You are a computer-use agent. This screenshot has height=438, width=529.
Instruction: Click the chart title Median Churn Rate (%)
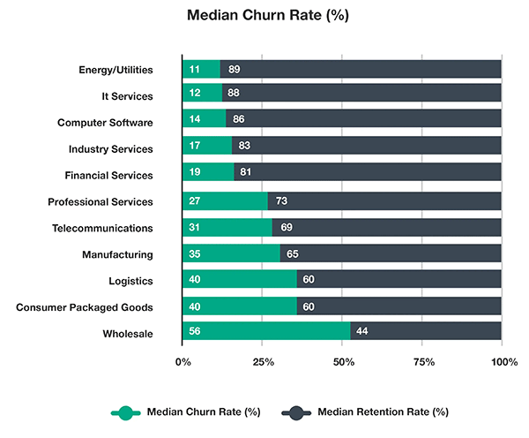point(264,16)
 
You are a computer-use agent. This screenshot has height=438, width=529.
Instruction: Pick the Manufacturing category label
point(118,254)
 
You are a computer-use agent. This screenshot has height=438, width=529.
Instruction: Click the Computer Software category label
point(105,122)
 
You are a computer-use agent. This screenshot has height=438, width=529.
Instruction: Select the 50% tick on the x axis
point(343,362)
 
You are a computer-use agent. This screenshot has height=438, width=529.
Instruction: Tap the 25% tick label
point(263,362)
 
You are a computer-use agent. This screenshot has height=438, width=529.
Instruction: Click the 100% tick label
point(503,362)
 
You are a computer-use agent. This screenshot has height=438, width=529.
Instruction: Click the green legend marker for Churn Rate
point(125,412)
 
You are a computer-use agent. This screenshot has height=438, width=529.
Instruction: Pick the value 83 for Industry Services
point(245,148)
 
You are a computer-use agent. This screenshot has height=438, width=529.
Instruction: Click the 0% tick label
point(183,362)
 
